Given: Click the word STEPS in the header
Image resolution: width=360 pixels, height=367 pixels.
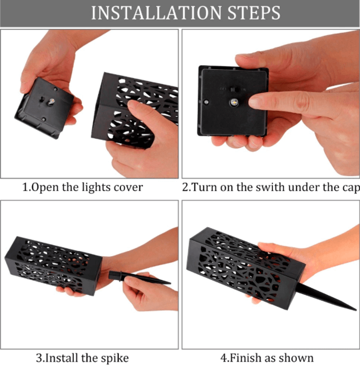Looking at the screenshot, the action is (x=254, y=13).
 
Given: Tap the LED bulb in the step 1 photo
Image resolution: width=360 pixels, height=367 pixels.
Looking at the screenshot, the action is (x=51, y=101).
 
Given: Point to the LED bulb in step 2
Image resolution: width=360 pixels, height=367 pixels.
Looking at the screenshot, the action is (x=234, y=102).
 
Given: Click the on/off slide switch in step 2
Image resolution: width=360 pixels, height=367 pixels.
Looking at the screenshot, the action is (x=233, y=90).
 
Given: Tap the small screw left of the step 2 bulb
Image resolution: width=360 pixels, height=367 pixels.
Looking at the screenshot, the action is (x=206, y=102).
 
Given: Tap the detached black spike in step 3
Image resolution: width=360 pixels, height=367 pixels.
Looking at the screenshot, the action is (x=140, y=277).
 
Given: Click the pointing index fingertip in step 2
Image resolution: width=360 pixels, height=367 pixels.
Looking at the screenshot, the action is (x=254, y=102).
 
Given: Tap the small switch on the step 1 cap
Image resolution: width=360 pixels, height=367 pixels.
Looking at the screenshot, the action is (x=42, y=100).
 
